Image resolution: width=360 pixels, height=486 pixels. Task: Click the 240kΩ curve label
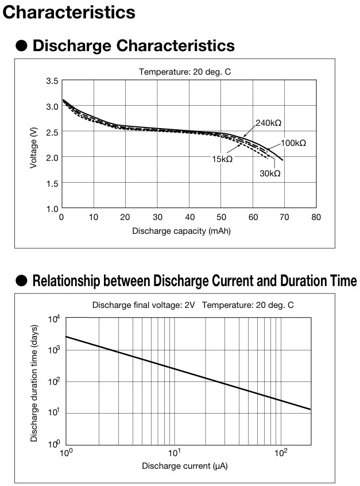tap(269, 123)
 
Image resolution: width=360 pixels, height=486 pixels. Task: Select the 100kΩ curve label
tap(293, 142)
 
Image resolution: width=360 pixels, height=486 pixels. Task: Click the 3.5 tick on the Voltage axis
tap(52, 81)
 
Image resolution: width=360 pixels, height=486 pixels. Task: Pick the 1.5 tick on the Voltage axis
tap(52, 183)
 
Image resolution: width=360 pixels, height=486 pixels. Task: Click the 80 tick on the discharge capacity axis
tap(316, 217)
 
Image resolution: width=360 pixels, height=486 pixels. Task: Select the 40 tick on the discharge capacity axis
tap(188, 217)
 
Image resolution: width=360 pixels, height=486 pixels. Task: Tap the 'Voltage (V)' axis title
tap(34, 144)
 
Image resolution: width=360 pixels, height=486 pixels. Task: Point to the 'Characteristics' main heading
tap(69, 11)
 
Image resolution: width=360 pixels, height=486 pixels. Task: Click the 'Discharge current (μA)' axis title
tap(185, 465)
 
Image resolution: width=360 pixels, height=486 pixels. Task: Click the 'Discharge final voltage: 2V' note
tap(144, 305)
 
